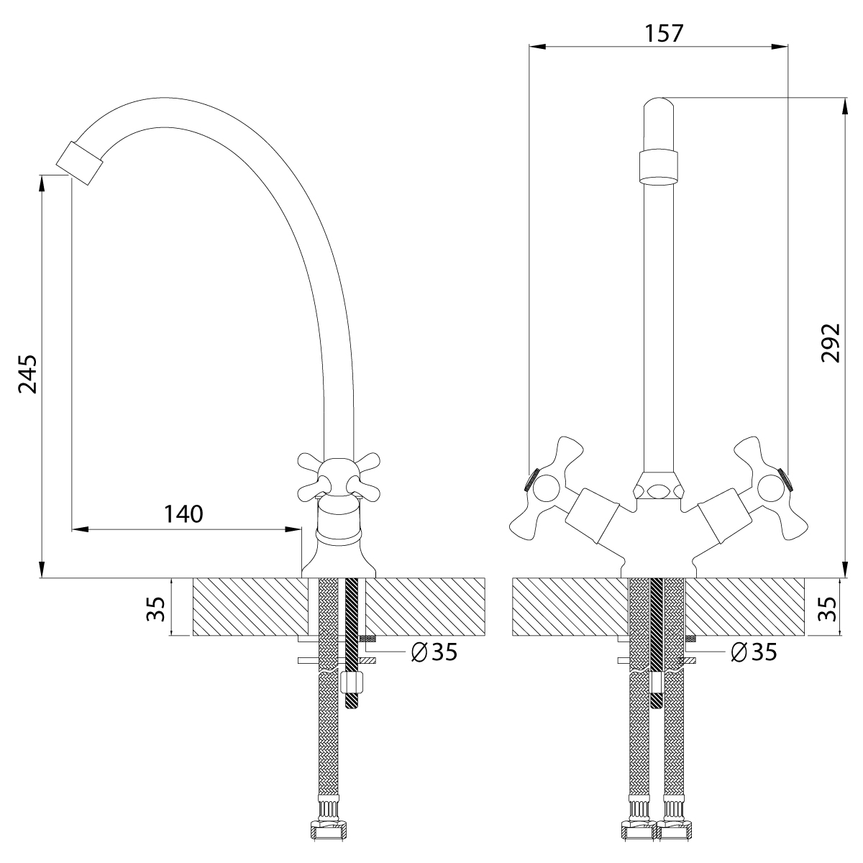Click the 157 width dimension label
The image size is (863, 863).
[664, 34]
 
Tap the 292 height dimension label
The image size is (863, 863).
[831, 342]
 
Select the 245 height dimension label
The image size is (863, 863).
[28, 375]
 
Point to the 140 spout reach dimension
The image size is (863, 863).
[183, 514]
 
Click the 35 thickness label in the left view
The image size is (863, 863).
[156, 609]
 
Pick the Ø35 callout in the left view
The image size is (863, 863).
[434, 652]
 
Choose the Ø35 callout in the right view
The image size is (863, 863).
[754, 652]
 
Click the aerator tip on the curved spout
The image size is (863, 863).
[80, 163]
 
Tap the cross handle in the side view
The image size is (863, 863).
[339, 477]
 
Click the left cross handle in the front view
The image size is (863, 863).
[547, 488]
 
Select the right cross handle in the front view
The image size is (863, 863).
[771, 488]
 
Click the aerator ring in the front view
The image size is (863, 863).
[658, 167]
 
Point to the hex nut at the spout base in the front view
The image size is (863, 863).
[658, 485]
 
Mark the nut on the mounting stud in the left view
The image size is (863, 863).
[352, 682]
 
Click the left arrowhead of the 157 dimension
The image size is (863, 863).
[537, 46]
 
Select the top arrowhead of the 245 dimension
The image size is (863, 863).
[42, 183]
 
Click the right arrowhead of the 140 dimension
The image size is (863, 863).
[293, 530]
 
